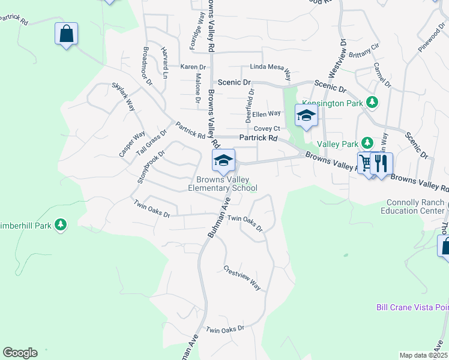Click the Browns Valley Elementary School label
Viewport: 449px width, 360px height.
tap(223, 184)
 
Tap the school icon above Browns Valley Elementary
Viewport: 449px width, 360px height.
tap(223, 160)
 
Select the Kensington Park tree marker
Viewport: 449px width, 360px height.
tap(372, 103)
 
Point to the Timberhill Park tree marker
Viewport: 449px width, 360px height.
tap(60, 225)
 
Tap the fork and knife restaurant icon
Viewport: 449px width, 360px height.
tap(381, 163)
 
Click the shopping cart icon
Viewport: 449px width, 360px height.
tap(366, 163)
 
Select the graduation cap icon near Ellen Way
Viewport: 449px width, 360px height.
tap(306, 115)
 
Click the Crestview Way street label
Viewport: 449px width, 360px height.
tap(242, 278)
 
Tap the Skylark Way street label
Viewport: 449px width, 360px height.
tap(123, 97)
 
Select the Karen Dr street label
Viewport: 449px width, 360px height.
tap(193, 67)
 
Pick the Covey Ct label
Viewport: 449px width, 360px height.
tap(267, 128)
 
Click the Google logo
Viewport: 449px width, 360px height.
tap(20, 353)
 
